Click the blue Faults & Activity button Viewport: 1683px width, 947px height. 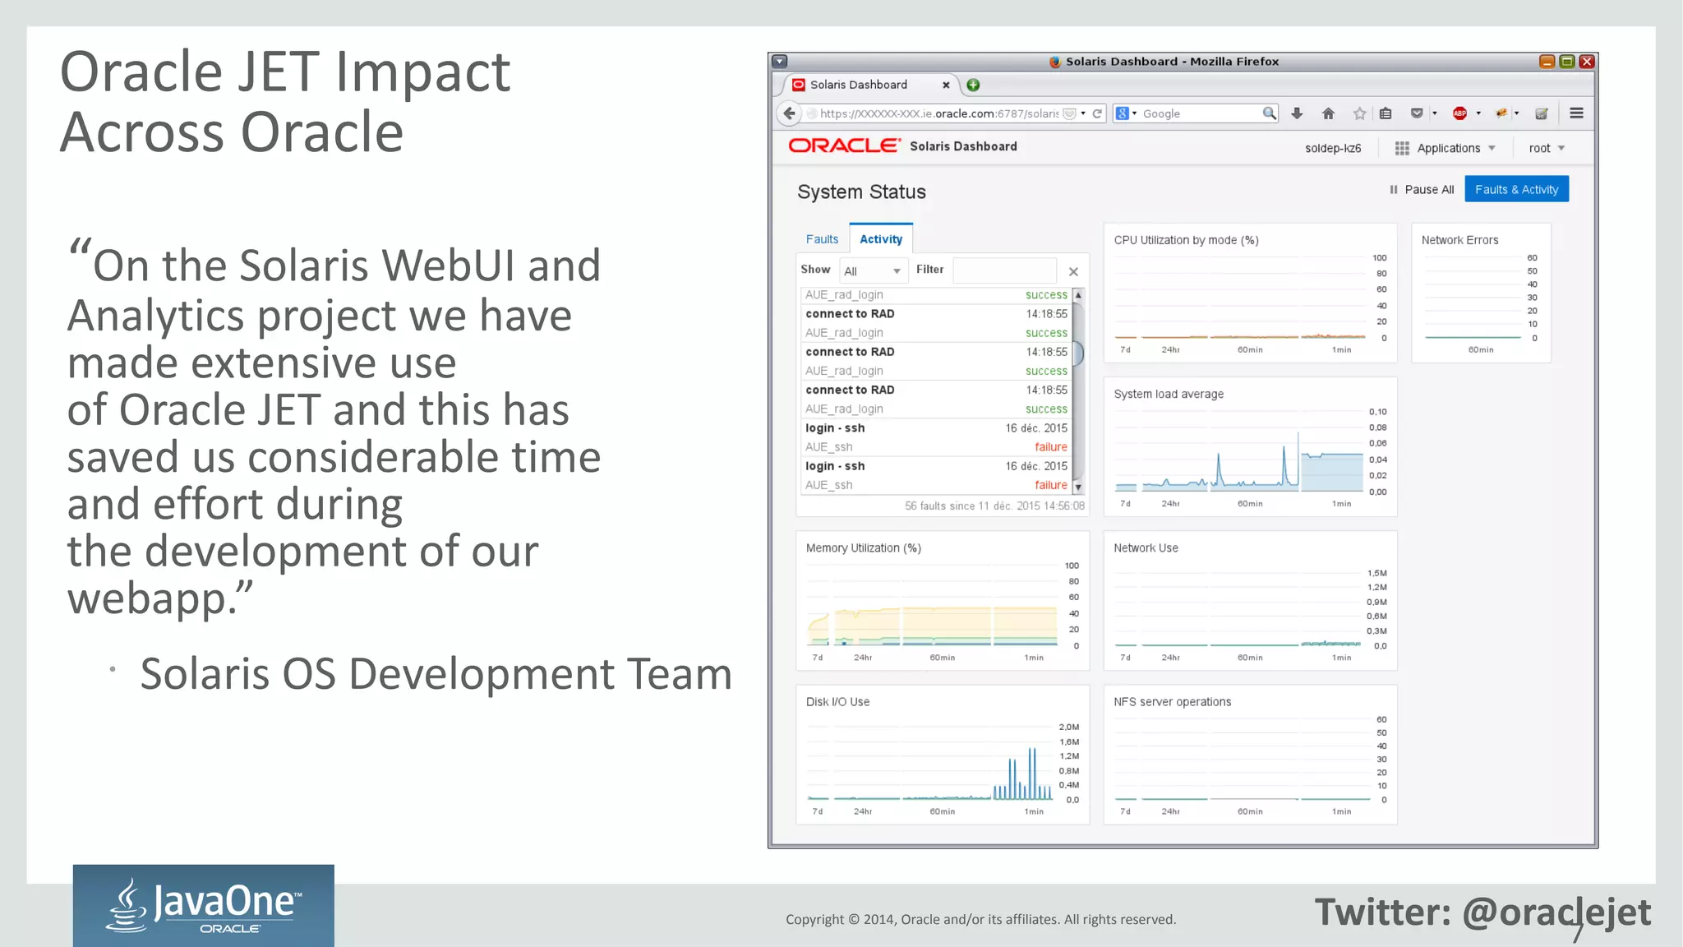(x=1516, y=189)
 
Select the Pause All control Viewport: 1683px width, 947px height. (x=1422, y=190)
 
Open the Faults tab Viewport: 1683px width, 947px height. (x=822, y=239)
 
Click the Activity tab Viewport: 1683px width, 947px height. (x=881, y=239)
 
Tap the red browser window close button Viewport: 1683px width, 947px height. (x=1587, y=62)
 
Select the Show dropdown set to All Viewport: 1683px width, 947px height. (x=872, y=270)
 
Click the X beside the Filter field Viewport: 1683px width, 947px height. (x=1073, y=271)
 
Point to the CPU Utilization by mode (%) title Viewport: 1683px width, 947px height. (x=1186, y=240)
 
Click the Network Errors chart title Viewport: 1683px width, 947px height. (x=1459, y=240)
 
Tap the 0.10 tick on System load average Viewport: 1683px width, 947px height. (x=1377, y=412)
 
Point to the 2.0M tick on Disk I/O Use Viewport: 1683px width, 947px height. (x=1068, y=728)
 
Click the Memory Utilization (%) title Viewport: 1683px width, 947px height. (x=863, y=548)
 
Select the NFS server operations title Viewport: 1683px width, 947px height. (x=1172, y=702)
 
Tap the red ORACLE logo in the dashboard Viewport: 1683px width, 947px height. (x=844, y=146)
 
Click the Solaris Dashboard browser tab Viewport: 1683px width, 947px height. (x=859, y=85)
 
